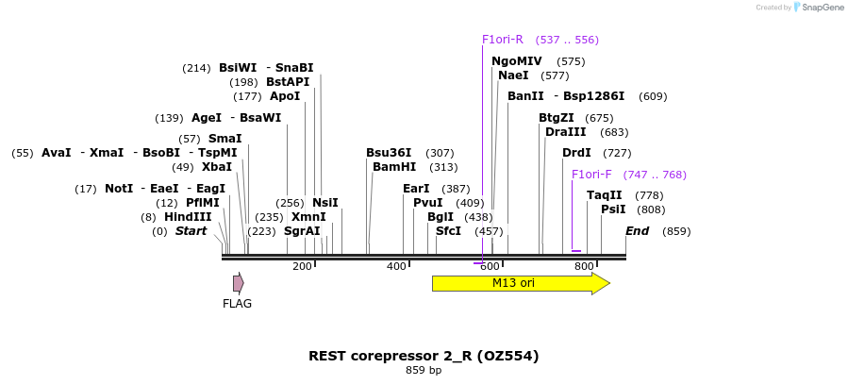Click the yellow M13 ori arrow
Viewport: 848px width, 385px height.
(520, 283)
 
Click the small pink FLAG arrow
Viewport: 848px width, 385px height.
(239, 283)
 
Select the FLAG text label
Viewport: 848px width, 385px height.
(237, 304)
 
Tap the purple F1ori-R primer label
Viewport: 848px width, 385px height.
(502, 40)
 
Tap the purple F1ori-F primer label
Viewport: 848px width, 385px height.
(591, 175)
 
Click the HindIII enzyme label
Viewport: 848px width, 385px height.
(188, 216)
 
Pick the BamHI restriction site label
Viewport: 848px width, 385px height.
(394, 167)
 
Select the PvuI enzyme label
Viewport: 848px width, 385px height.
(427, 202)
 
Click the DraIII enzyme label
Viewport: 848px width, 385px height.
(565, 132)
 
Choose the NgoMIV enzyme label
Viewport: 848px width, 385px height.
(516, 61)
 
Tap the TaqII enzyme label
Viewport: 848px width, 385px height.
(604, 195)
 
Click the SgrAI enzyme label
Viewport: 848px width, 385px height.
(302, 231)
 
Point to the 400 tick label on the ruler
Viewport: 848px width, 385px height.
(396, 267)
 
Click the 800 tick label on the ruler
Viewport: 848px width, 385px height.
(583, 267)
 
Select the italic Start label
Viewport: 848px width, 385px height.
(191, 231)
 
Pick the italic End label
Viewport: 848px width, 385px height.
(637, 231)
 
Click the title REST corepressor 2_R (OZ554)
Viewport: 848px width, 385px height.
(424, 356)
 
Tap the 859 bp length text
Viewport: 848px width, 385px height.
(424, 371)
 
